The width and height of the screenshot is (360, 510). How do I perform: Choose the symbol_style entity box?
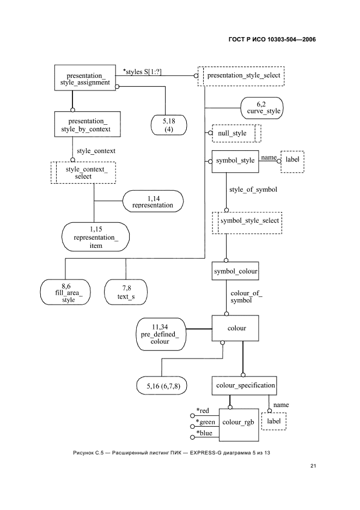tap(235, 161)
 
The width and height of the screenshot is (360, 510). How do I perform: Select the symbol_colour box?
tap(235, 270)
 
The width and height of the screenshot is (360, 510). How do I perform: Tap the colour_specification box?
tap(243, 385)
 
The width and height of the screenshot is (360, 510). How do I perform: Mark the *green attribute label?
tap(206, 422)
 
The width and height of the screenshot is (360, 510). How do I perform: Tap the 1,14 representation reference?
tap(152, 201)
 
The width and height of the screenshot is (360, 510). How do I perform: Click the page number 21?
tap(313, 465)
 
